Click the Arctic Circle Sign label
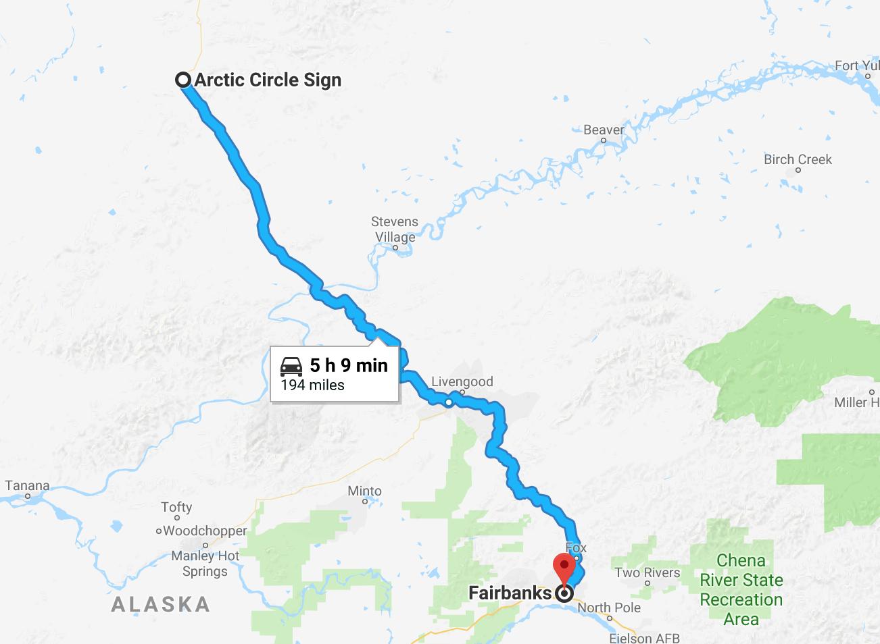point(268,80)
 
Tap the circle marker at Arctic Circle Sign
point(183,80)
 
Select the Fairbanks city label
point(510,593)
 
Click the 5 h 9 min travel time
point(349,365)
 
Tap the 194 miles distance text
point(312,385)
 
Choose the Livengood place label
point(462,381)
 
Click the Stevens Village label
point(395,230)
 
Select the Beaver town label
point(604,130)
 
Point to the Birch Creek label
point(798,159)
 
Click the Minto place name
point(364,491)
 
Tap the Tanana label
point(27,485)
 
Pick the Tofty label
point(176,507)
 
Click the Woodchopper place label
point(205,531)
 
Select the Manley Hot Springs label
point(205,564)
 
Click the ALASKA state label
point(160,604)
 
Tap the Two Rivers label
point(647,572)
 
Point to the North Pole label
point(609,607)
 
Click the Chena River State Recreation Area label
point(741,589)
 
